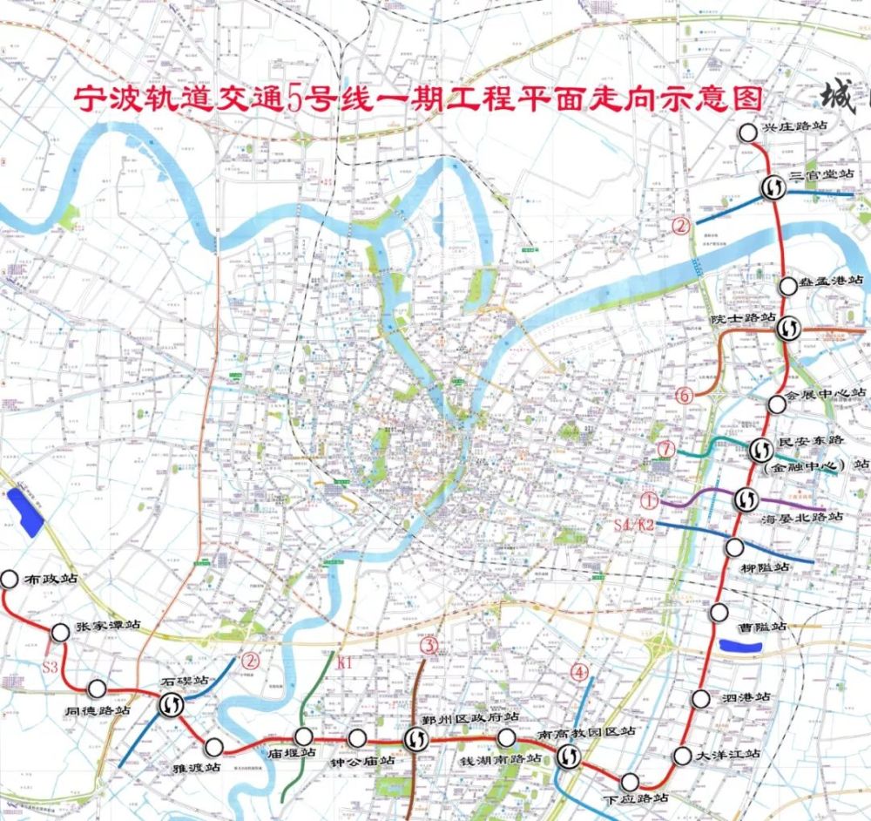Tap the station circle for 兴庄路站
click(747, 132)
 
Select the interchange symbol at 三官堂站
click(773, 186)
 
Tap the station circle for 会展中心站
click(777, 404)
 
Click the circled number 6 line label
click(684, 396)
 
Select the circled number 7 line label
click(668, 450)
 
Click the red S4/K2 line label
click(634, 525)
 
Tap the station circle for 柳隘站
click(734, 547)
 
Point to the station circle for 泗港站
click(701, 699)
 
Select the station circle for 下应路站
click(629, 781)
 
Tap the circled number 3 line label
click(429, 646)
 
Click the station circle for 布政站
click(10, 579)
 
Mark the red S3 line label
click(52, 666)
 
